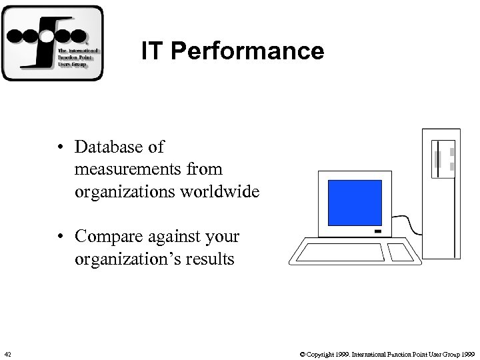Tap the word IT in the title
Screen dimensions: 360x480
pyautogui.click(x=151, y=51)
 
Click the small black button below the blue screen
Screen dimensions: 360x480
pyautogui.click(x=378, y=233)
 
